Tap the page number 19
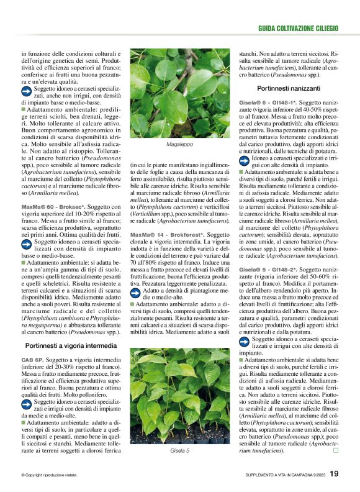pyautogui.click(x=334, y=474)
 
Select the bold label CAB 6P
pyautogui.click(x=32, y=360)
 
